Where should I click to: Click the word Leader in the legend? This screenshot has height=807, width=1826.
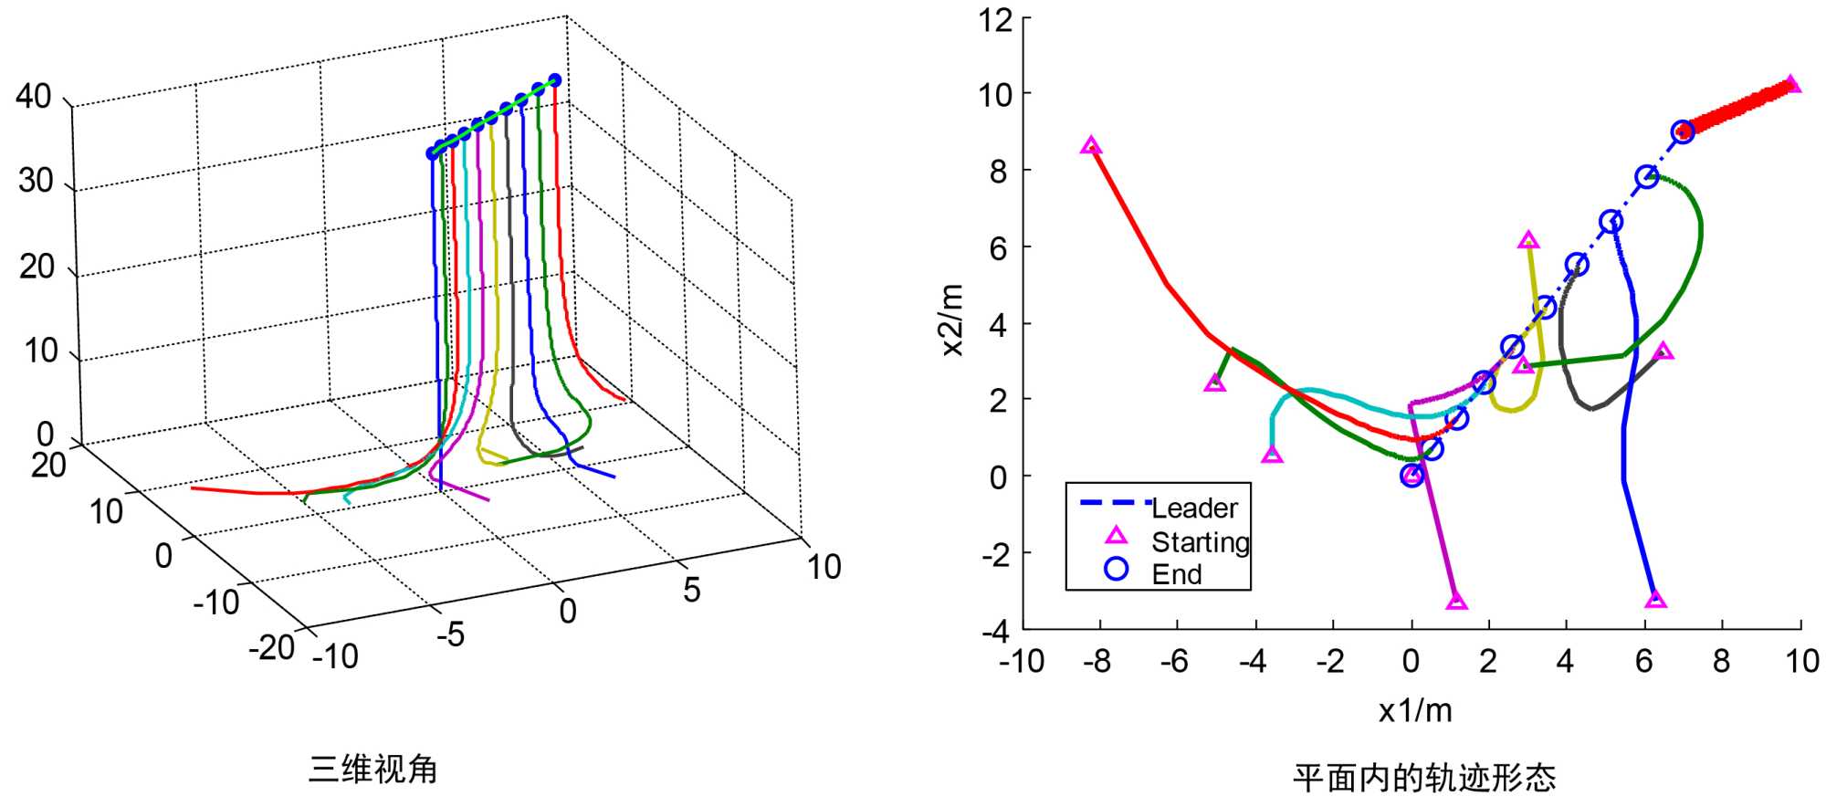click(1194, 508)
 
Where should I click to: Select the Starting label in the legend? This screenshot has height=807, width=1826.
click(1200, 542)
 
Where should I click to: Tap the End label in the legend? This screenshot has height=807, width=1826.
click(1177, 574)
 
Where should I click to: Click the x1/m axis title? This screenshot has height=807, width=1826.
click(1414, 710)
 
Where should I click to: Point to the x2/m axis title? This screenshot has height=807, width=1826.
click(952, 320)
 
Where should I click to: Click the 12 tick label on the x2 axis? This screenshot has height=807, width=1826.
click(995, 19)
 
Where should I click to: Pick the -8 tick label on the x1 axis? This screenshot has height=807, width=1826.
click(1097, 661)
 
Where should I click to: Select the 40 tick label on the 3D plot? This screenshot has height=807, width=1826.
click(34, 96)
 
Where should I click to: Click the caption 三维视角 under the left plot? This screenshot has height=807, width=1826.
click(373, 770)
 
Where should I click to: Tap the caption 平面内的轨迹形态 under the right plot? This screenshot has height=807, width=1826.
click(1423, 778)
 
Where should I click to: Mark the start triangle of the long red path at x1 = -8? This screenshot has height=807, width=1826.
click(1090, 146)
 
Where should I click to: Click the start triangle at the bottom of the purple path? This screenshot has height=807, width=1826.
click(1456, 602)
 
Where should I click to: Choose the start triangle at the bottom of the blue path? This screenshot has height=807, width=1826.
click(1655, 601)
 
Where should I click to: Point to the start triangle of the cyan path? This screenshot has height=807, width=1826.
click(1272, 455)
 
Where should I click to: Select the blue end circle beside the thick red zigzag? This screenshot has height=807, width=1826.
click(1683, 132)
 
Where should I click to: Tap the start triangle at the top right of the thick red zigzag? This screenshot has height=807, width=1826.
click(1792, 84)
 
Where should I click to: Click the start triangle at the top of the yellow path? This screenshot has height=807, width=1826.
click(1528, 241)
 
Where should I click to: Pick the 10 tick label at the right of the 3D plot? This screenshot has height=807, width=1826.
click(824, 567)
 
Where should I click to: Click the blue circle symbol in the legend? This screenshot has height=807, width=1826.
click(1116, 569)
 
